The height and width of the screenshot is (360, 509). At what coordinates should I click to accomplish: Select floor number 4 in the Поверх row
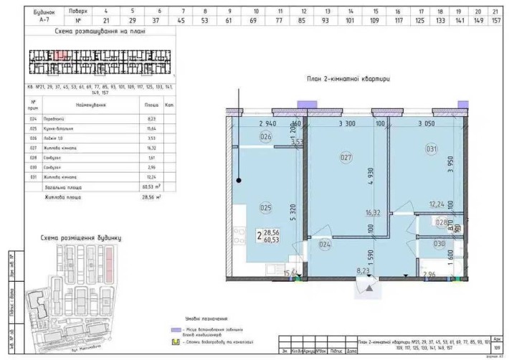[x=106, y=11]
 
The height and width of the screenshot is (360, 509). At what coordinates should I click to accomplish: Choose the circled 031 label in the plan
[x=431, y=148]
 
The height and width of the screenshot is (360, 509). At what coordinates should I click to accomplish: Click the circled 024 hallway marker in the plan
[x=325, y=244]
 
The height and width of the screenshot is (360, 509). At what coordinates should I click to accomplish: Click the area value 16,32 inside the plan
[x=371, y=213]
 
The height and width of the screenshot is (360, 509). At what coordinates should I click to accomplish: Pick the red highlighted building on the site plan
[x=110, y=257]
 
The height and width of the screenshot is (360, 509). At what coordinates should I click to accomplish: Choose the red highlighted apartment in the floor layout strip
[x=62, y=55]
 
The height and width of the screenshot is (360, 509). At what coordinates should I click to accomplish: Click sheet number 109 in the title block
[x=497, y=349]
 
